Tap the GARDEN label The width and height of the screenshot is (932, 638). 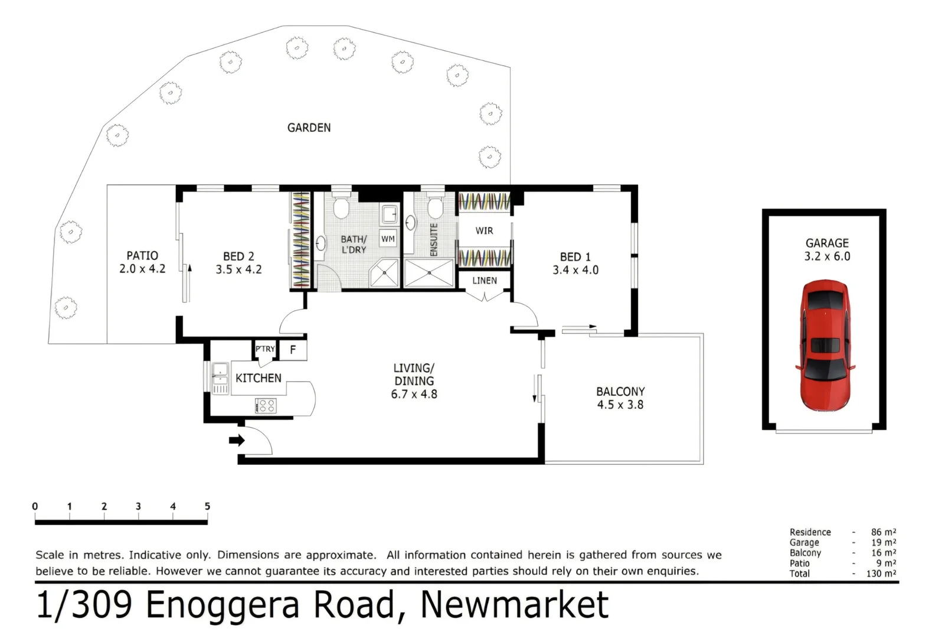coord(309,128)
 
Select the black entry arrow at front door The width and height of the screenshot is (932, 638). coord(237,440)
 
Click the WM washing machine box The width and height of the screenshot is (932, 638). coord(388,239)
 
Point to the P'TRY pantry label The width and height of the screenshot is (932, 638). coord(265,349)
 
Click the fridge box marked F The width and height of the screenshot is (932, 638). coord(293,350)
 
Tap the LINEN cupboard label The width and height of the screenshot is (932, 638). coord(484,281)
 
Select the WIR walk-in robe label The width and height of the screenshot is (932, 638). coord(484,231)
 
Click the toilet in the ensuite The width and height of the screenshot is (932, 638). coord(435,207)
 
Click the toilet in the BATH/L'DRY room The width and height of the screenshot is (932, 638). coord(341,207)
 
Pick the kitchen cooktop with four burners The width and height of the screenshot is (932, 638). coord(266,405)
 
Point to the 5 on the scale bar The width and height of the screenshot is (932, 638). coord(207,506)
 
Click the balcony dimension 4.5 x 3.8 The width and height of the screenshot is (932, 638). coord(620,405)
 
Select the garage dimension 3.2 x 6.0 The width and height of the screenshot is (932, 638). coord(827,256)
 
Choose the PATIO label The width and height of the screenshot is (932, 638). coord(142,255)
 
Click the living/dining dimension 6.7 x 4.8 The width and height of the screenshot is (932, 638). coord(414,394)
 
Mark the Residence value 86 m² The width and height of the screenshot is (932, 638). coord(883,532)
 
